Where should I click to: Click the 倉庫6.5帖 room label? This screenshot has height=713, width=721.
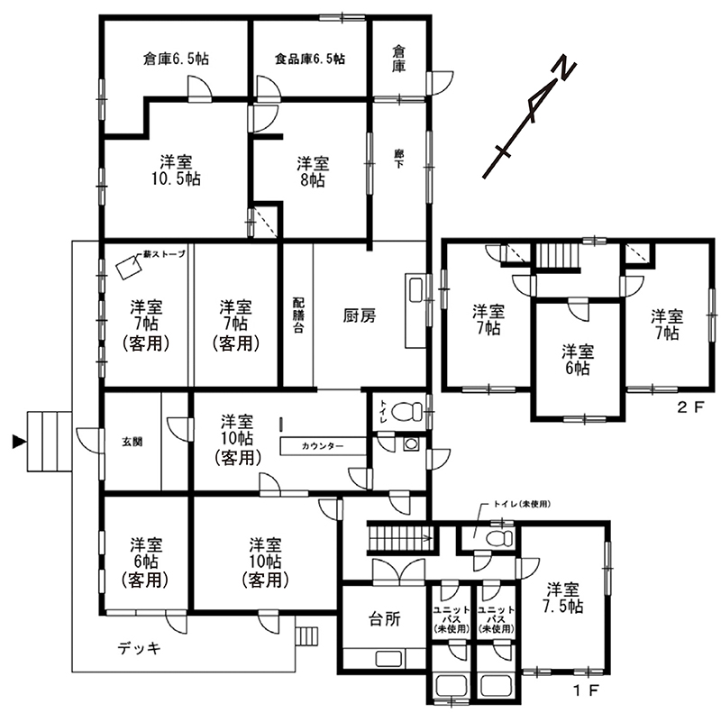pyautogui.click(x=176, y=59)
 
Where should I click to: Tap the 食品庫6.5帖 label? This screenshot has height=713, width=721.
pyautogui.click(x=310, y=59)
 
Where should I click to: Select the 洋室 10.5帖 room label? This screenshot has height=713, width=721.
pyautogui.click(x=176, y=170)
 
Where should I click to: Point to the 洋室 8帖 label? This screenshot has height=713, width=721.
pyautogui.click(x=313, y=171)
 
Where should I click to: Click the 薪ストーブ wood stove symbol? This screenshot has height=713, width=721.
pyautogui.click(x=128, y=266)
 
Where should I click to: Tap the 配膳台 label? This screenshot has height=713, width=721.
pyautogui.click(x=298, y=315)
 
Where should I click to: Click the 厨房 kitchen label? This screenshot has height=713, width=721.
pyautogui.click(x=360, y=315)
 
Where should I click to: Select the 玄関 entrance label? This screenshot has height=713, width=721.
pyautogui.click(x=132, y=442)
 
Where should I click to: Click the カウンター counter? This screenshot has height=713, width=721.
pyautogui.click(x=323, y=446)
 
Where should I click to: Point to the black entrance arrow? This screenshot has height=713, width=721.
pyautogui.click(x=18, y=442)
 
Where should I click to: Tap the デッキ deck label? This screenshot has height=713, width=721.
pyautogui.click(x=140, y=648)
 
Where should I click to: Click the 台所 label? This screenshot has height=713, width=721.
pyautogui.click(x=385, y=619)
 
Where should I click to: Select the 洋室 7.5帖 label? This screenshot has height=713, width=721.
pyautogui.click(x=562, y=598)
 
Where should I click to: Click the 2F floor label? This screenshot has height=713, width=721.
pyautogui.click(x=690, y=407)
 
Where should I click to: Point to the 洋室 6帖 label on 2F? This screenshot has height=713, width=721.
pyautogui.click(x=578, y=360)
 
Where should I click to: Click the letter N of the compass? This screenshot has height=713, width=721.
pyautogui.click(x=563, y=70)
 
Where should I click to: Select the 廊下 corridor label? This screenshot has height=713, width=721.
pyautogui.click(x=398, y=159)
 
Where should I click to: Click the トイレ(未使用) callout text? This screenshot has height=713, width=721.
pyautogui.click(x=522, y=504)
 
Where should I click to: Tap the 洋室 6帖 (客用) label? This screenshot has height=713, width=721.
pyautogui.click(x=145, y=562)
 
